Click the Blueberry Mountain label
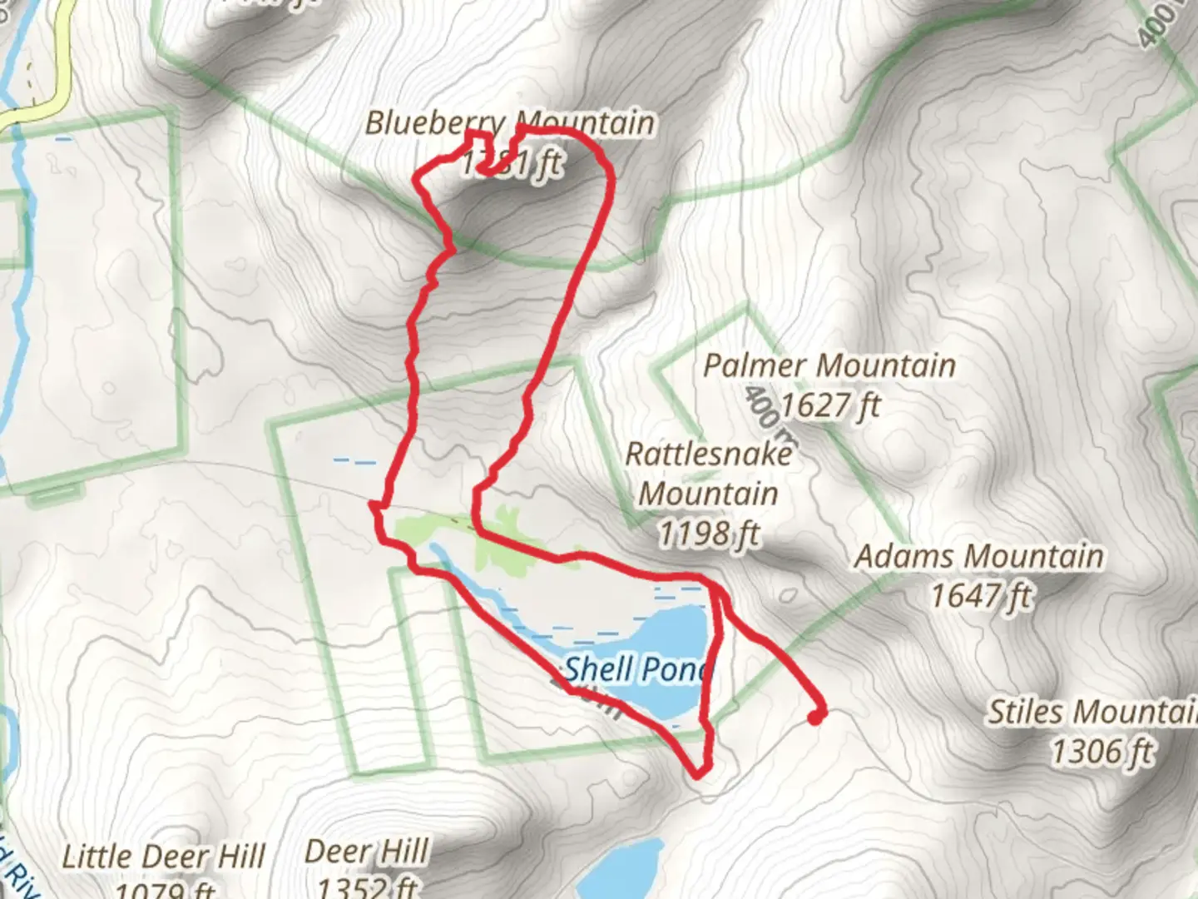(510, 123)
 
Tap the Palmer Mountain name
(829, 365)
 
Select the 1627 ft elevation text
(829, 405)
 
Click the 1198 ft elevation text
(708, 533)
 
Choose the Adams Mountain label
(979, 556)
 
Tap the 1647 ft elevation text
(981, 596)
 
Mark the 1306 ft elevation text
(1101, 752)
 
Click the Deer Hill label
(367, 852)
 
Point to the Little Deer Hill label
(164, 857)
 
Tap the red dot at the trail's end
(817, 715)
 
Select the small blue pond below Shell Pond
(620, 866)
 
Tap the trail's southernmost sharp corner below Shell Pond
(698, 774)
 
